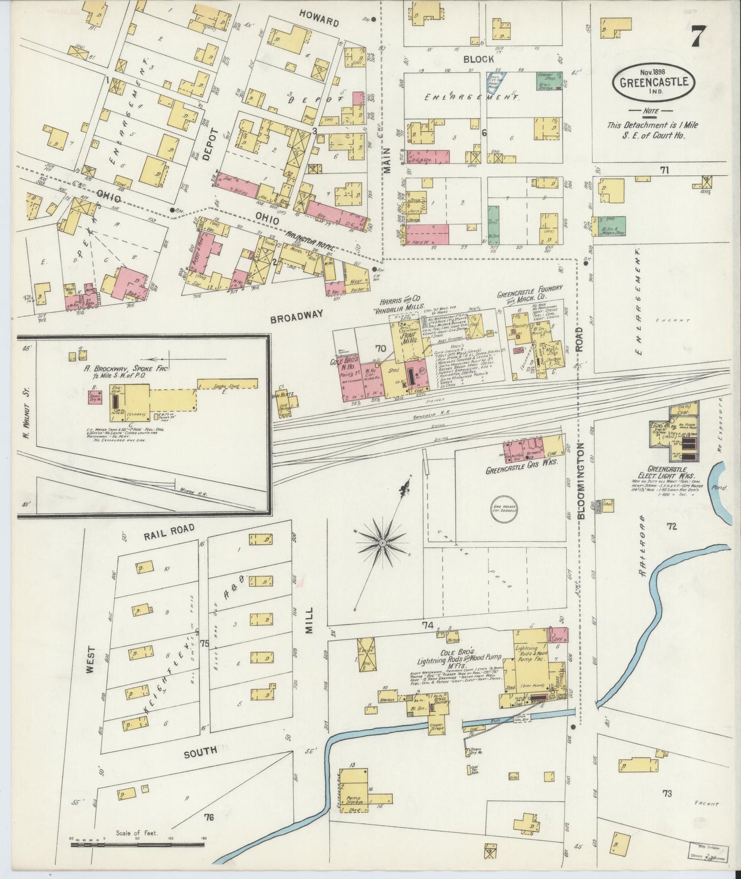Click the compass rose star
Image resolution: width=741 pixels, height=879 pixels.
point(382,542)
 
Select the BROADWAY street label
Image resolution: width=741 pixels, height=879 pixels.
point(296,315)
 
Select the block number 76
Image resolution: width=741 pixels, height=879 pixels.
point(208,817)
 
